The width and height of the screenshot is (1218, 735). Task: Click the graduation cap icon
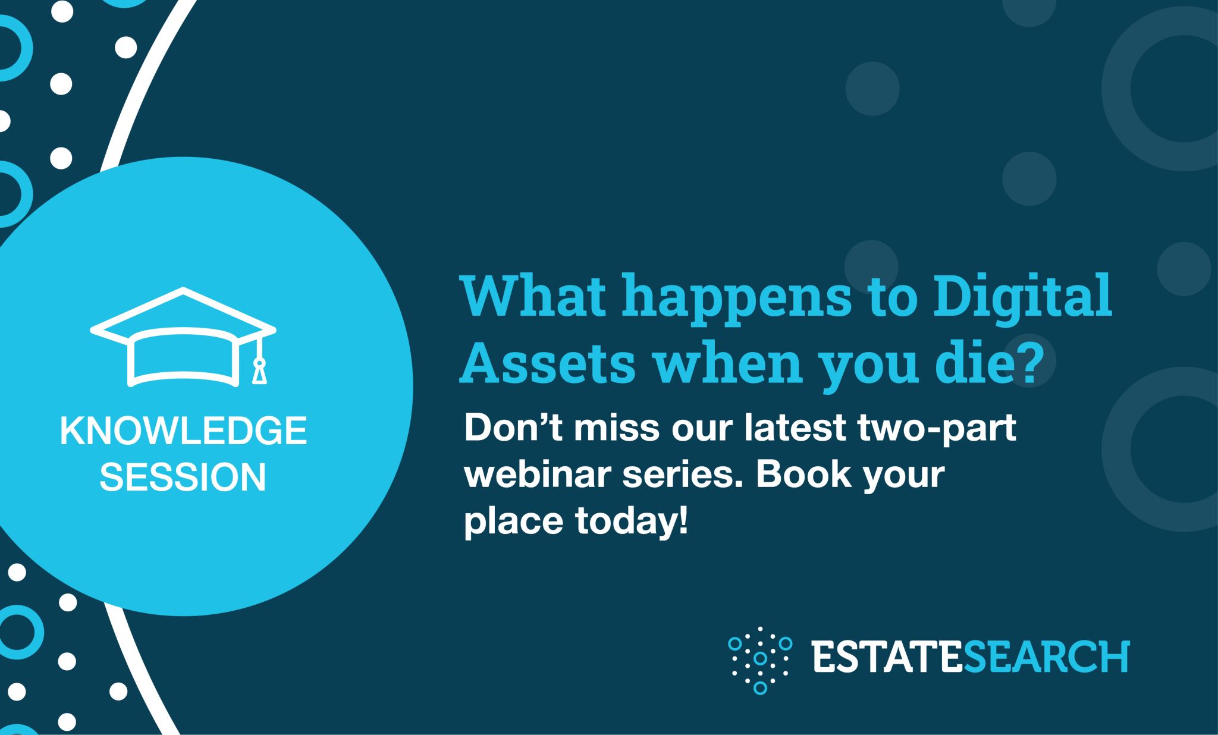click(183, 337)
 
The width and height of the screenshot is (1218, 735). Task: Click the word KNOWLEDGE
click(183, 431)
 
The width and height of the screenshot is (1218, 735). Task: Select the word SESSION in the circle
click(183, 477)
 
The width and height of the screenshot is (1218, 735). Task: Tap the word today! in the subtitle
click(632, 520)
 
